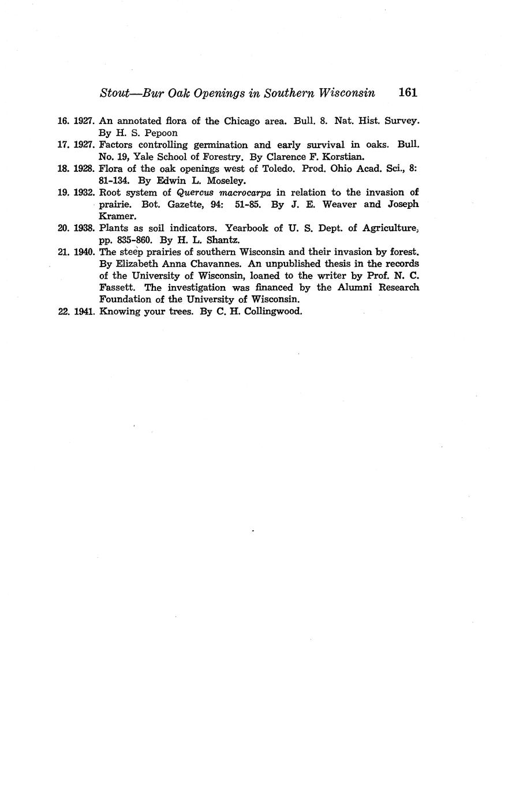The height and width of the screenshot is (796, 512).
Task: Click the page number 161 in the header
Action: click(x=407, y=92)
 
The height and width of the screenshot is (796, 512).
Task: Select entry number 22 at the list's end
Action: click(x=64, y=311)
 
